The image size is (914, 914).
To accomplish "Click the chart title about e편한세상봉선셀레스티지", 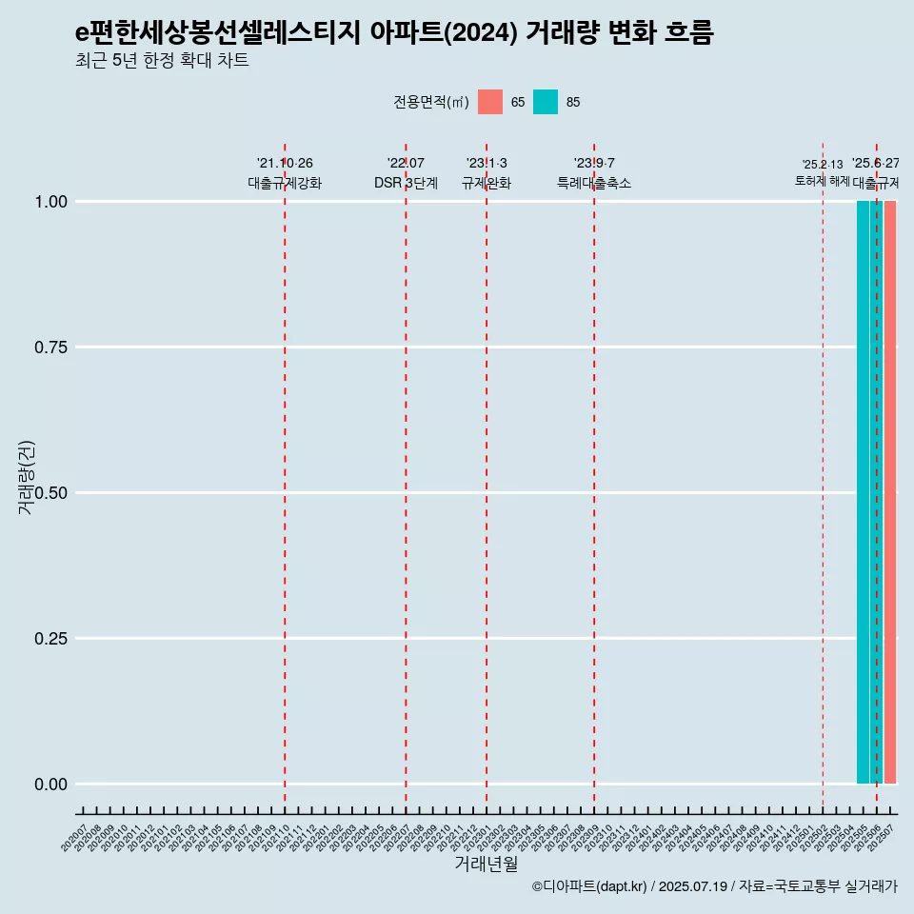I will [394, 33].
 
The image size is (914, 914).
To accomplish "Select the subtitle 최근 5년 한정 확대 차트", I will [162, 61].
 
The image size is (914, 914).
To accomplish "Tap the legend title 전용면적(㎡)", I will [430, 102].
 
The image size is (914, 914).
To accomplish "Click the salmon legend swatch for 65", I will [490, 102].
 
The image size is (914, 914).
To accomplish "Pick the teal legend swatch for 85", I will [546, 102].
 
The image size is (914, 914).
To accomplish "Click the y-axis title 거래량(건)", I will [26, 477].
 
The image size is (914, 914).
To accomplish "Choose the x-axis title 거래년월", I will [486, 864].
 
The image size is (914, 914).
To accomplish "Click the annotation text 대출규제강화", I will [285, 183].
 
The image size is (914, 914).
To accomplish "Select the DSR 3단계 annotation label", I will [406, 183].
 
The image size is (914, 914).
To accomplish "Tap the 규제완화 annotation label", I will [487, 183].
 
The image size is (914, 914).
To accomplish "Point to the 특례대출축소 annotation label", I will [594, 183].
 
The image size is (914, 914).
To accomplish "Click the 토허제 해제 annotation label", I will [822, 181].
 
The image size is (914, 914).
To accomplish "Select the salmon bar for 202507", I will [890, 492].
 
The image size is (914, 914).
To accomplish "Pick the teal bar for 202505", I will [863, 492].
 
